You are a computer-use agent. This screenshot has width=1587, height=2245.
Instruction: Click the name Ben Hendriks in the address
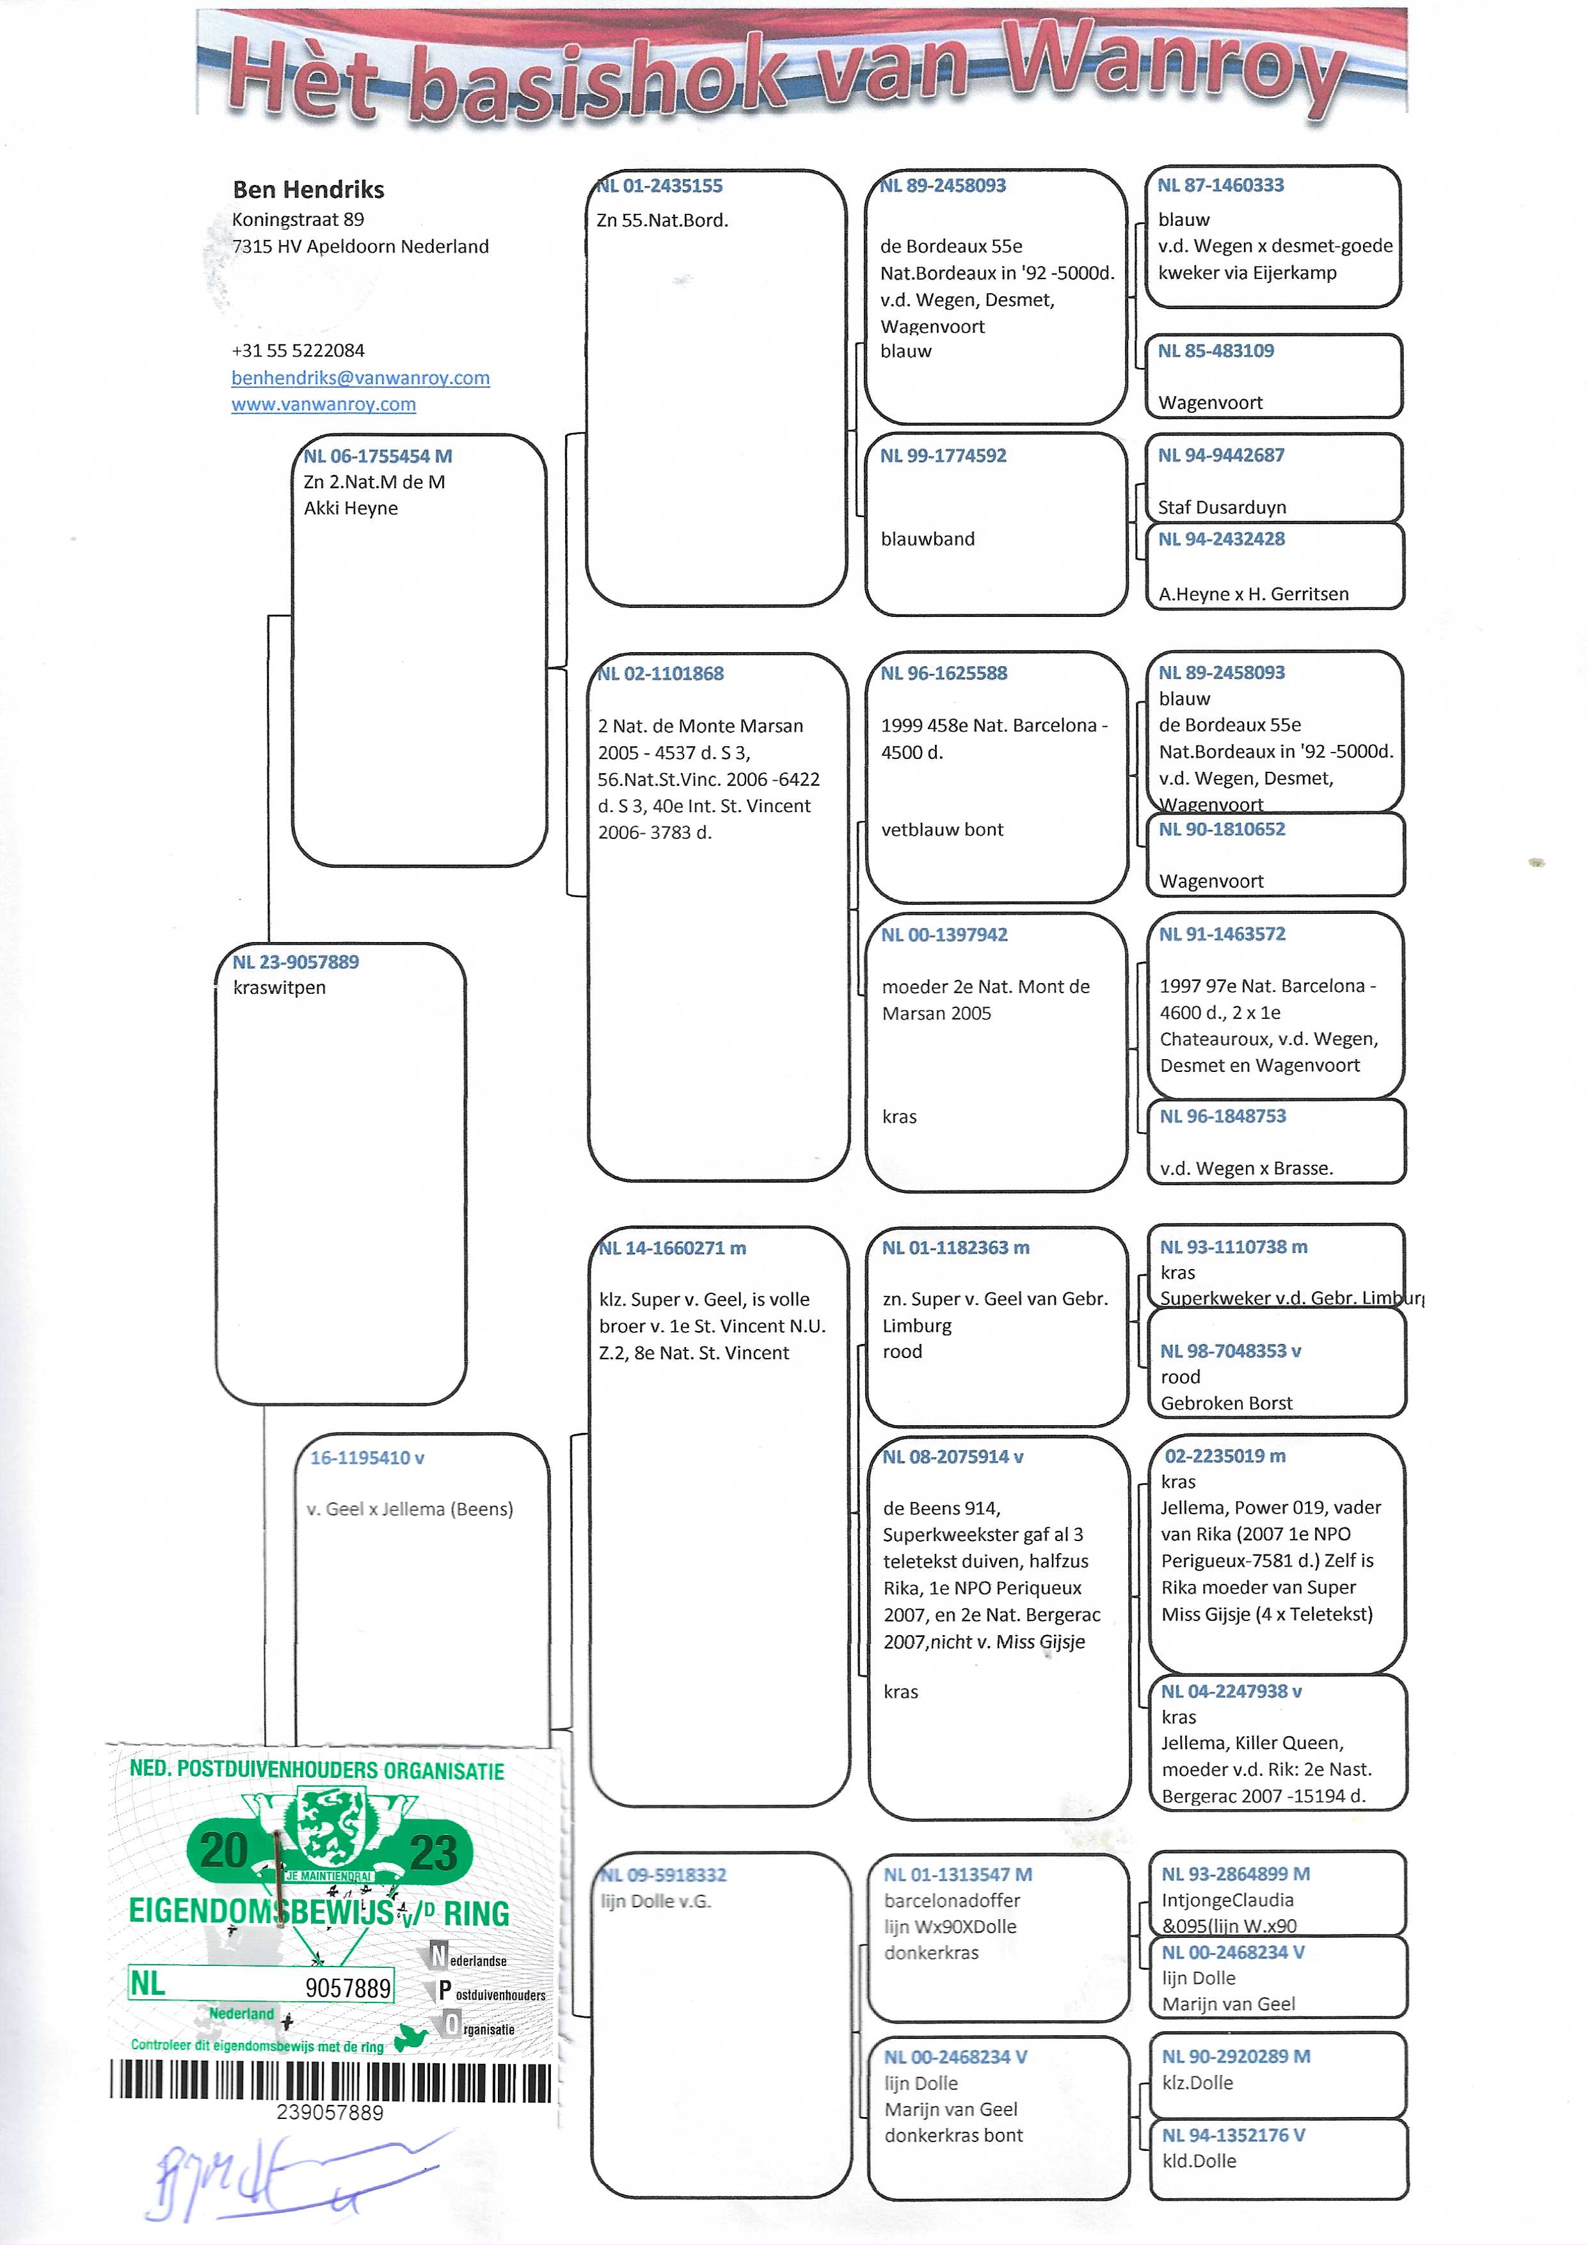(308, 189)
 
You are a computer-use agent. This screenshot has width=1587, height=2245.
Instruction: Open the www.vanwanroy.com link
(324, 404)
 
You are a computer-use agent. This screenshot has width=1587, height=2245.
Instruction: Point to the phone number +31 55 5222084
(298, 350)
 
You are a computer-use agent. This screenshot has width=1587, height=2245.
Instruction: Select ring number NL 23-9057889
(295, 961)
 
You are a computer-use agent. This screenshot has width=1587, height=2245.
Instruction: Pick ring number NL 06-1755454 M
(378, 456)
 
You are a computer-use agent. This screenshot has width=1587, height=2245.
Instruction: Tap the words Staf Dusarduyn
(1222, 506)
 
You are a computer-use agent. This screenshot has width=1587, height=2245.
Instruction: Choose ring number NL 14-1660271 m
(673, 1248)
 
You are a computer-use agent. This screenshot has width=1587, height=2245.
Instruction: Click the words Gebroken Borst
(1226, 1402)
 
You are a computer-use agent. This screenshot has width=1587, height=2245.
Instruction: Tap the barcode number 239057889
(330, 2112)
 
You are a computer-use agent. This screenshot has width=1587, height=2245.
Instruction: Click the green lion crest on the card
(330, 1828)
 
